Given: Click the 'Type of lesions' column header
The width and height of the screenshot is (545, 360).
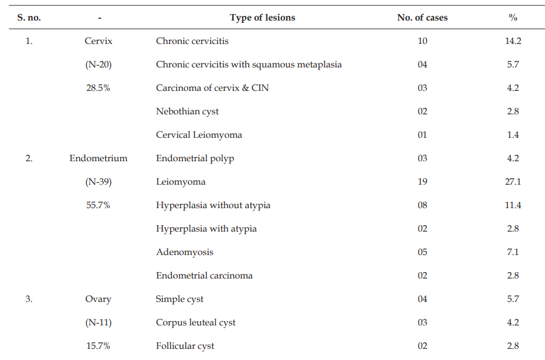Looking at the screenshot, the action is (262, 18).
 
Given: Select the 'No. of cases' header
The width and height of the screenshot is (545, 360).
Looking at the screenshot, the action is (422, 18).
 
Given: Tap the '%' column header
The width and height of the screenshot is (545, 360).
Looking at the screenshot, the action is (513, 18).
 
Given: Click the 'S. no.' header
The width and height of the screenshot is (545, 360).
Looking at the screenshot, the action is (29, 18).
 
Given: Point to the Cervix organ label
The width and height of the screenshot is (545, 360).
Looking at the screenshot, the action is (99, 41).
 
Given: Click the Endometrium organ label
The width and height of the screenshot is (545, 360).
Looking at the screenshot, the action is (99, 158).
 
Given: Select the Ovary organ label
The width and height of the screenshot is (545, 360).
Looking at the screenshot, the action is (99, 300).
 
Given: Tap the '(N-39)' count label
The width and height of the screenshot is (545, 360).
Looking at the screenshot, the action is (99, 182).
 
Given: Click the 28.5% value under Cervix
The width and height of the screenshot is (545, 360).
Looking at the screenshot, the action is (98, 88).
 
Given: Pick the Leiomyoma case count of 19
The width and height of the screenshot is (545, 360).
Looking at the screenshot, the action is (422, 182).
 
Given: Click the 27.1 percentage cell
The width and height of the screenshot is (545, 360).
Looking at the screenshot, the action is (513, 182).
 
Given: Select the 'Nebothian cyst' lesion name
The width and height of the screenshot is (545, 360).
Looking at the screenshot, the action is (187, 111).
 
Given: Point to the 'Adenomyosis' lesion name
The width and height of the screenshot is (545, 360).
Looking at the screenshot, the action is (185, 253).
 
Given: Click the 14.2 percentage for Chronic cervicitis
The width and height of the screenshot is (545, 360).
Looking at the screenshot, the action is (513, 41).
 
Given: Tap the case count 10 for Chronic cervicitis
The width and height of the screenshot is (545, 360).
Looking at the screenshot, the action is (422, 41).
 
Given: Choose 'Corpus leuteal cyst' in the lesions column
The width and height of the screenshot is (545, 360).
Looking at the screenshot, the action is (196, 323).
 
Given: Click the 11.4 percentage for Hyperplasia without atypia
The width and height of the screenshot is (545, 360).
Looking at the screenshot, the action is (513, 205).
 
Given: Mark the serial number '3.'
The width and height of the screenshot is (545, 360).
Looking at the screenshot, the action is (29, 299).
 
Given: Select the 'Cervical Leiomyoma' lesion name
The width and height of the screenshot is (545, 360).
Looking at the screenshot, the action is (199, 135).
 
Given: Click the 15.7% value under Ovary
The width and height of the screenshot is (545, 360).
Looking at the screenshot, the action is (98, 346).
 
